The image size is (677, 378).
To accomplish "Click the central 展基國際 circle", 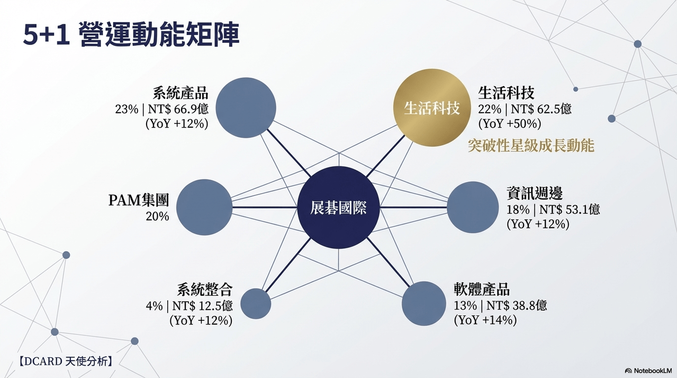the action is [338, 208].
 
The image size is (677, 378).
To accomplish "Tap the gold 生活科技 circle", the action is [432, 107].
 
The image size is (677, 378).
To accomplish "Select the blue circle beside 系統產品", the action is [246, 107].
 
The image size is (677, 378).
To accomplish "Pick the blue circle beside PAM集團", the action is [204, 207].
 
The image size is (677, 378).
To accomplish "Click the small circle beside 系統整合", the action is [256, 303].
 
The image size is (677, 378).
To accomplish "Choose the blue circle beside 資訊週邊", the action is [473, 207].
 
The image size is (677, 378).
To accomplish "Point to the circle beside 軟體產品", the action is [424, 303].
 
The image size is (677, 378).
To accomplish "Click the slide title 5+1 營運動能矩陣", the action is [131, 34].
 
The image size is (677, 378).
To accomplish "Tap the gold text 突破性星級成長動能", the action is [531, 146].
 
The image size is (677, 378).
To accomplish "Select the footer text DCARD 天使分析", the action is [66, 361].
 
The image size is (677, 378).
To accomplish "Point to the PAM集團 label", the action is [139, 200].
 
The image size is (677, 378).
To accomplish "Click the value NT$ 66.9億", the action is [178, 109].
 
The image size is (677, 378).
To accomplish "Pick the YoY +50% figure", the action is [510, 124].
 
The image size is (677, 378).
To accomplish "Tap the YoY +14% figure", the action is [485, 320].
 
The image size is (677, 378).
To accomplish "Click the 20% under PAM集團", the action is [157, 217].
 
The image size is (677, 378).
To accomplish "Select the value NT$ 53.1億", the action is [570, 209].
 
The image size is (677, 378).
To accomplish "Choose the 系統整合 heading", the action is [205, 290].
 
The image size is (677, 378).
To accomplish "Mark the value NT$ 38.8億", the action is [517, 305].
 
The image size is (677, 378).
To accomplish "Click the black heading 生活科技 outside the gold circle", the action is [506, 93].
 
